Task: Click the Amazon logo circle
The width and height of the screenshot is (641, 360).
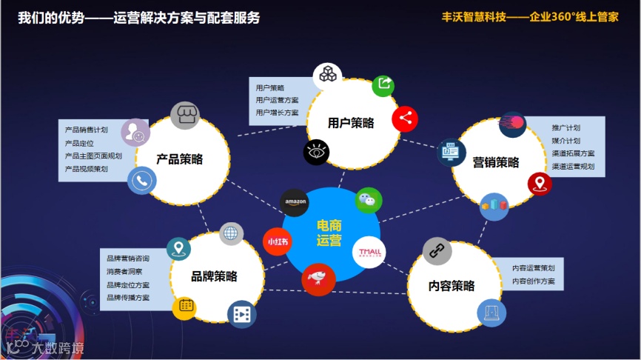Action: (x=295, y=202)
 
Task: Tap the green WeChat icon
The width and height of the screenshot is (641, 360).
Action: (x=369, y=200)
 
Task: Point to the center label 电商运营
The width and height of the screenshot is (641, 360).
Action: (x=329, y=233)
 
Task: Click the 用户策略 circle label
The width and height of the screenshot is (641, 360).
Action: (x=351, y=123)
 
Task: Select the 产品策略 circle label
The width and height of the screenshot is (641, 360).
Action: (x=179, y=159)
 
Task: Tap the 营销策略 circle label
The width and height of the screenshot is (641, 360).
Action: (x=496, y=162)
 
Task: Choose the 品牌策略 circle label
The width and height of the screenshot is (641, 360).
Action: (x=214, y=276)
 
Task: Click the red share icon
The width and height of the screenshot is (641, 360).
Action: (x=405, y=118)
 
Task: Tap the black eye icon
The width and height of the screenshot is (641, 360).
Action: (x=317, y=153)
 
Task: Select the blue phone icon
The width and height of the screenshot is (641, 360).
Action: (x=141, y=180)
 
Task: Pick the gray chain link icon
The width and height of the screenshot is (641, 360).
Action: (x=437, y=250)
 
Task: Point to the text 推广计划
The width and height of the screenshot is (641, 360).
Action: (x=566, y=127)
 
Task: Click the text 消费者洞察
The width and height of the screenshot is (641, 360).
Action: (x=124, y=271)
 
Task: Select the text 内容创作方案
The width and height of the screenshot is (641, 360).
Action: (x=533, y=281)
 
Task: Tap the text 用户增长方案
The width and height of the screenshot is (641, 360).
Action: (x=277, y=113)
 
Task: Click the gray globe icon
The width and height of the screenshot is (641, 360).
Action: (x=232, y=233)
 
